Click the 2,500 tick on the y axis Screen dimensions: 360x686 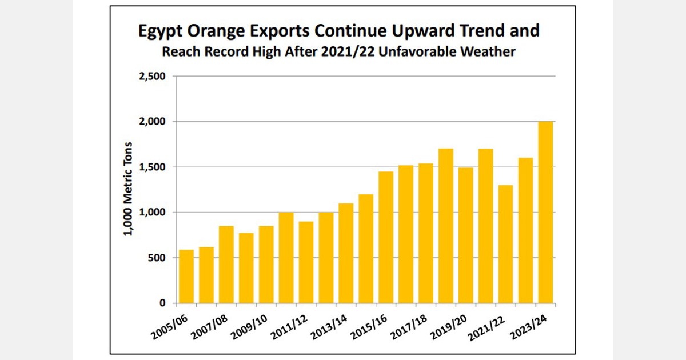pyautogui.click(x=153, y=77)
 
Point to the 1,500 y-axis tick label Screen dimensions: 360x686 pyautogui.click(x=153, y=167)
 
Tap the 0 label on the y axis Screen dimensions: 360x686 pyautogui.click(x=162, y=303)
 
